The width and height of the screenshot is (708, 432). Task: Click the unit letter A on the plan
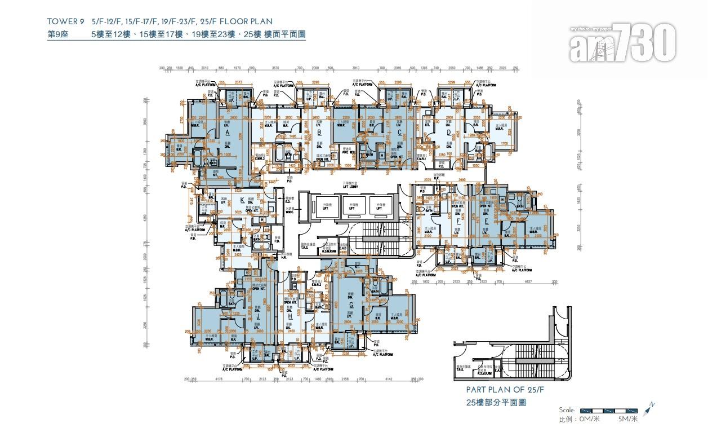click(x=227, y=133)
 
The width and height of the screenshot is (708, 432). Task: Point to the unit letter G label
click(x=351, y=305)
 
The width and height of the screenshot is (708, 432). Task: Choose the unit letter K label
click(x=242, y=200)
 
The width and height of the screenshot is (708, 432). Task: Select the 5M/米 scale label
click(x=627, y=419)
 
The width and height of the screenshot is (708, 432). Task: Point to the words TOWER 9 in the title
click(x=65, y=22)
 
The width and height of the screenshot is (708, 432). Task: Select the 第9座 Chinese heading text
click(x=59, y=34)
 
